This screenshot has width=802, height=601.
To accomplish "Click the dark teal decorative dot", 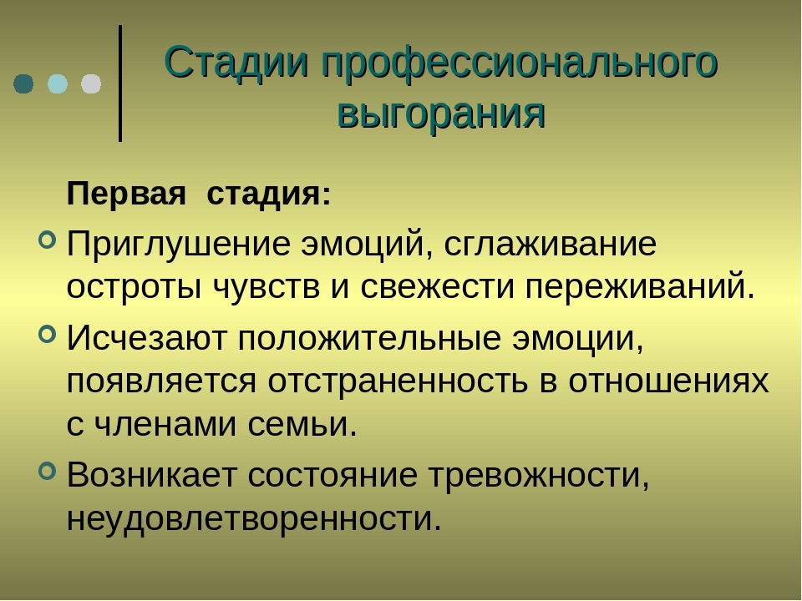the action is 23,83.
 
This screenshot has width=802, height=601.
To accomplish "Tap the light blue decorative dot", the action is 58,83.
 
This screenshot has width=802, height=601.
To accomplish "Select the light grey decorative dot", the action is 91,83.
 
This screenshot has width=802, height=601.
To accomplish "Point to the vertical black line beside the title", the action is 120,83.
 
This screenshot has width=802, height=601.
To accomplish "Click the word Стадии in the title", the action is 236,63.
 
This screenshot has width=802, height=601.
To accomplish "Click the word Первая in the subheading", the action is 126,194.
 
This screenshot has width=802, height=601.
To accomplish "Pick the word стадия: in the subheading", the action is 269,195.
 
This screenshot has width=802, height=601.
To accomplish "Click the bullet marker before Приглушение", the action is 47,240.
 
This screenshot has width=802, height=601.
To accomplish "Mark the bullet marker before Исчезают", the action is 47,334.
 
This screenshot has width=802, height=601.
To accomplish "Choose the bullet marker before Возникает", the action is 47,471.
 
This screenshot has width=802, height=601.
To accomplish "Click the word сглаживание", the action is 550,245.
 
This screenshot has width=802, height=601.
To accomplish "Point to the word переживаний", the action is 640,288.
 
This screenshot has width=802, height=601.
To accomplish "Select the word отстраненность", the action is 398,381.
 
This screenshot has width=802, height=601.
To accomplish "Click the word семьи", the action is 302,425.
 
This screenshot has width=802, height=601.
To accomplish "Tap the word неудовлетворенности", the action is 254,518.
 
